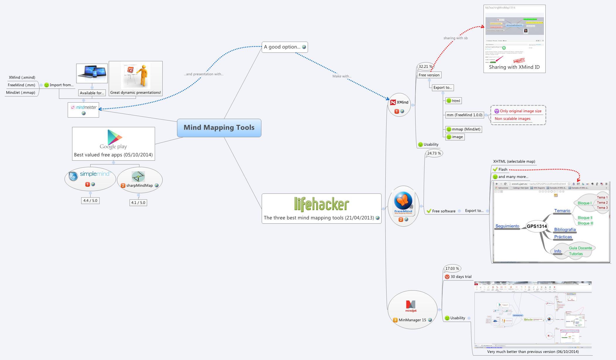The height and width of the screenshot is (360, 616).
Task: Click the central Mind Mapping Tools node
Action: pos(219,128)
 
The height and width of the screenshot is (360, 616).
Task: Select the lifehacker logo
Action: pos(321,204)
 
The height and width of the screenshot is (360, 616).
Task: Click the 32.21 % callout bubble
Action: pos(426,67)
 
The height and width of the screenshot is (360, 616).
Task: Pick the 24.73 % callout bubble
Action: pos(434,153)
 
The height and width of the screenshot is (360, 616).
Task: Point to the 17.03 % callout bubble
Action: pos(452,269)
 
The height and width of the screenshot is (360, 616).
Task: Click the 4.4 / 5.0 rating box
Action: pos(90,201)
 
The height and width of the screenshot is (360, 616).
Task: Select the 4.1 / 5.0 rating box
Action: pos(138,203)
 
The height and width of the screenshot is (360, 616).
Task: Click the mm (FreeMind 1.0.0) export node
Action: pos(464,115)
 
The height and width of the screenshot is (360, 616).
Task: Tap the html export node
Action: pos(453,101)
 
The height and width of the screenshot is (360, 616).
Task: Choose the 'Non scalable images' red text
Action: pos(513,119)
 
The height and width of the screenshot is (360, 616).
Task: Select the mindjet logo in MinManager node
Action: pos(411,306)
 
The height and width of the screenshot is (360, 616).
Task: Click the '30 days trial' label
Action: pos(461,277)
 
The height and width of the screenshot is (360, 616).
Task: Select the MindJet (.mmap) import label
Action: pos(21,93)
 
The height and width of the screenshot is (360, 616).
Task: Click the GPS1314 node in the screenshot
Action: pos(537,226)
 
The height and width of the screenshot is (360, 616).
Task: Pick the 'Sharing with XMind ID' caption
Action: pos(514,67)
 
